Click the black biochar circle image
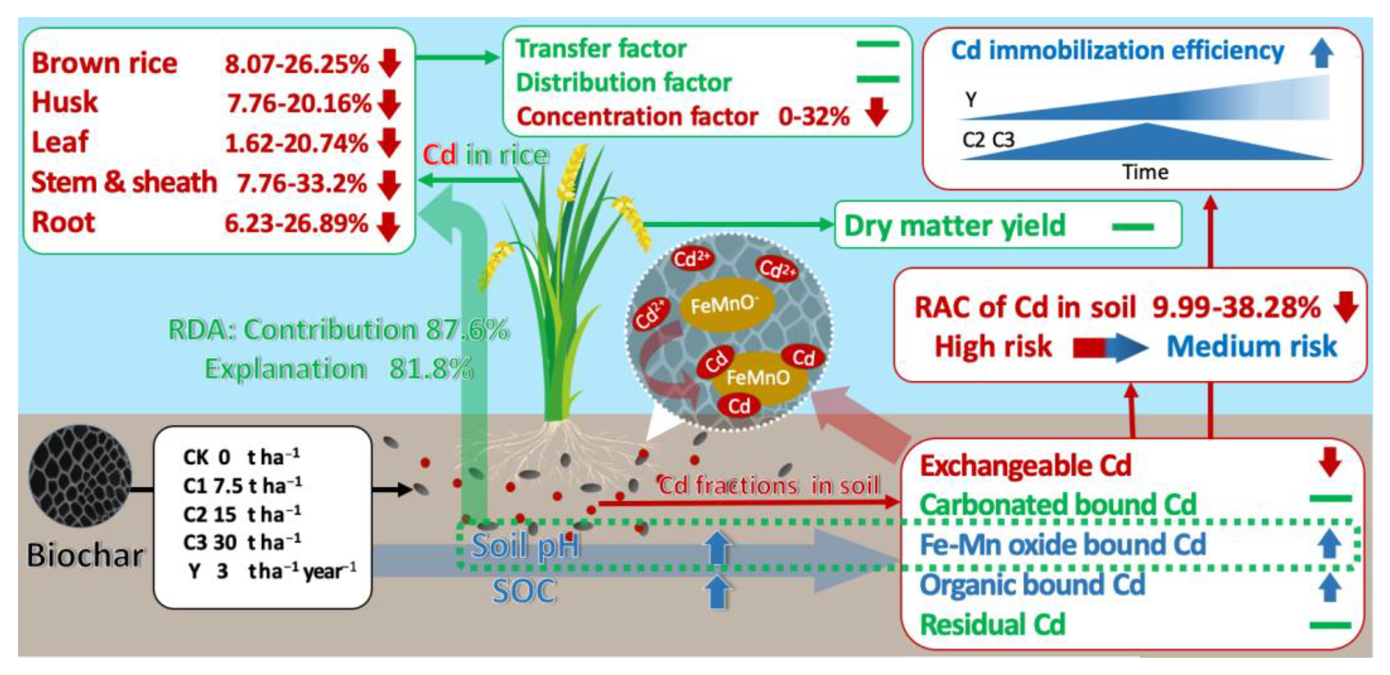[x=80, y=476]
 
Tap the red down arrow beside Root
[x=389, y=226]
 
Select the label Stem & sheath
[x=124, y=182]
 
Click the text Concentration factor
[x=637, y=116]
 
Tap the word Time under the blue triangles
[x=1145, y=172]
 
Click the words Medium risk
[x=1251, y=346]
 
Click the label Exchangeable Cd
[x=1025, y=466]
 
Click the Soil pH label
[x=526, y=546]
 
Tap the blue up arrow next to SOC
[x=717, y=591]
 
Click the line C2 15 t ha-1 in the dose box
[x=241, y=514]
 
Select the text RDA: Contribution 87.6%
[x=338, y=330]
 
